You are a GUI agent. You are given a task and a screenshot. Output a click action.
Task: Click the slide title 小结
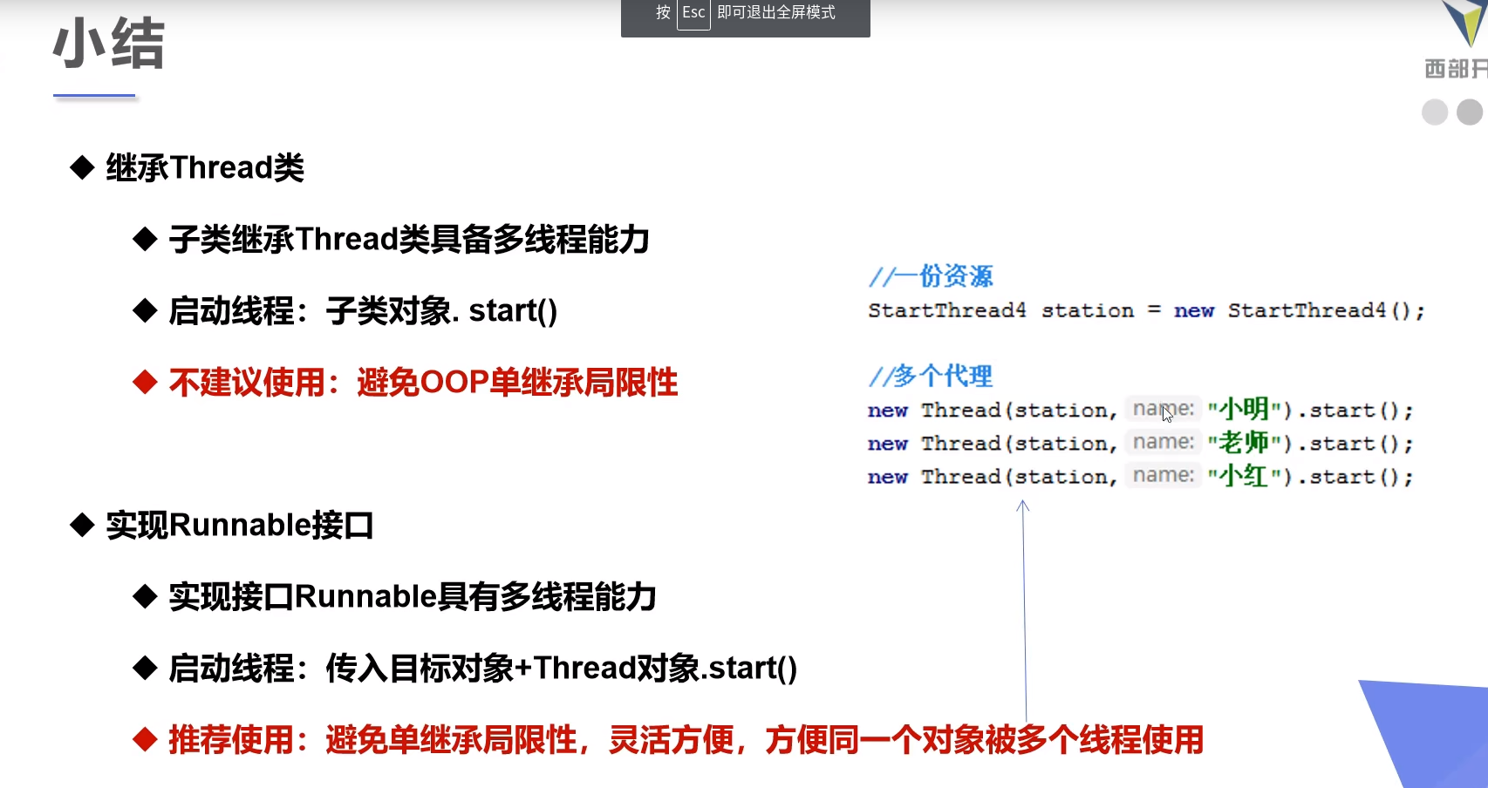109,43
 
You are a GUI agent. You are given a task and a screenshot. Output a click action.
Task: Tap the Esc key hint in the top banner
693,13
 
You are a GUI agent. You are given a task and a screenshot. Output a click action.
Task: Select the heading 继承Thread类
205,167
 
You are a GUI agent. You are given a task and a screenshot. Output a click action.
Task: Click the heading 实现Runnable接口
240,525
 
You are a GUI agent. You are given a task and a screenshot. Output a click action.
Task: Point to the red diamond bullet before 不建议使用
145,382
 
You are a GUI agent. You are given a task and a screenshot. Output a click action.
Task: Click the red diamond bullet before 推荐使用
145,739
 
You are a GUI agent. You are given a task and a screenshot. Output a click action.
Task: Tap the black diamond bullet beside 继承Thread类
82,167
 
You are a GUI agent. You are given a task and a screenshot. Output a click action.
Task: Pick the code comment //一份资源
931,276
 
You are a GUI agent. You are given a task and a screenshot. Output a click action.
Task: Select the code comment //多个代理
931,376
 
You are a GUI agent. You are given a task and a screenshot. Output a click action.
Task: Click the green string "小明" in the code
1244,409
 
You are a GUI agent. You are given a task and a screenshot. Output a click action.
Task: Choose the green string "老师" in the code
1244,443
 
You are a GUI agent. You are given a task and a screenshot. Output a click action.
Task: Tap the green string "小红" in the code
1244,476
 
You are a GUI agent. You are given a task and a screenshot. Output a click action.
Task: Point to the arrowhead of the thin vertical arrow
1023,505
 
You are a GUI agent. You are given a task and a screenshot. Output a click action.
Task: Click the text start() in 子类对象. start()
513,310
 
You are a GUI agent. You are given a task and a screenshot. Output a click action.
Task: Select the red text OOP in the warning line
454,382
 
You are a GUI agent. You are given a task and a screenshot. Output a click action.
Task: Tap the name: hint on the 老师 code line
1164,442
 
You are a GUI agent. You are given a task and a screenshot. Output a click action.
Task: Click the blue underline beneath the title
94,95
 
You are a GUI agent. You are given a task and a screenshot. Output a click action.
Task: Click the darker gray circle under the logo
1470,112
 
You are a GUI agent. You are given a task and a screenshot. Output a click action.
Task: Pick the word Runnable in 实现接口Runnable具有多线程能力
365,596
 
